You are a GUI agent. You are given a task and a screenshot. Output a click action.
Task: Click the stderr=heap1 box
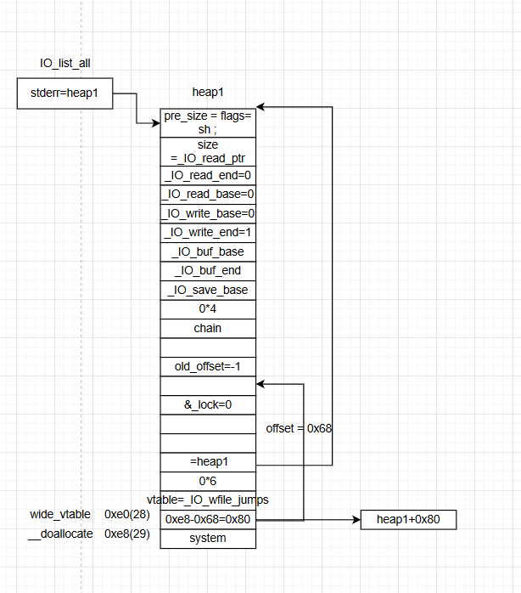tap(64, 93)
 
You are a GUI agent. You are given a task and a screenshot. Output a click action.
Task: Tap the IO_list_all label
tap(64, 64)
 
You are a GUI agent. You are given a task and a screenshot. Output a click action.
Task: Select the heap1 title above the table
tap(208, 91)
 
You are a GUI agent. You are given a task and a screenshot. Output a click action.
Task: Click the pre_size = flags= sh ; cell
tap(208, 122)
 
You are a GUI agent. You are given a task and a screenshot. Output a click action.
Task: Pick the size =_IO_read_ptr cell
tap(208, 151)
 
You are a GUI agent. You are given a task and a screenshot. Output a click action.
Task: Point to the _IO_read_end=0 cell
tap(208, 175)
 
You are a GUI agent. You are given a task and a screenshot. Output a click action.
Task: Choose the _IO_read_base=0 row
tap(208, 195)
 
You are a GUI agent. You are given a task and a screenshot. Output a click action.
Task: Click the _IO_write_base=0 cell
tap(208, 213)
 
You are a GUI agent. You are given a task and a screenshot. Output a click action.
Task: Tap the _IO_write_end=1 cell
tap(208, 233)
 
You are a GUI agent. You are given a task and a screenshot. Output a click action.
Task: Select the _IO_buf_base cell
tap(208, 251)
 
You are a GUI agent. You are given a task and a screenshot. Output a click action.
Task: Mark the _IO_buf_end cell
tap(208, 271)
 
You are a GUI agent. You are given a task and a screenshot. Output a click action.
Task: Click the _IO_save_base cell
tap(208, 290)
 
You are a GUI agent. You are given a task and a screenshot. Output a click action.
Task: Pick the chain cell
tap(208, 328)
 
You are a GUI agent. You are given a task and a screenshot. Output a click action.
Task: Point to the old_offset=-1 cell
tap(208, 366)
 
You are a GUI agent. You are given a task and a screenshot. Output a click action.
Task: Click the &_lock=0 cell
tap(208, 404)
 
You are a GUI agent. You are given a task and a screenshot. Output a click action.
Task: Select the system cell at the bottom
tap(208, 538)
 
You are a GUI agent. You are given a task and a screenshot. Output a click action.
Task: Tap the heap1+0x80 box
tap(409, 519)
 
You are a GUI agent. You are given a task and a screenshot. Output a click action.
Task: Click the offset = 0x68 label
tap(299, 427)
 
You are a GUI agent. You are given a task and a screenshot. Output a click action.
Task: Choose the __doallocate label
tap(60, 534)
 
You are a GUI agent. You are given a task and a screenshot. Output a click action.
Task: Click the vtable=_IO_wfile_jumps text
tap(208, 500)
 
